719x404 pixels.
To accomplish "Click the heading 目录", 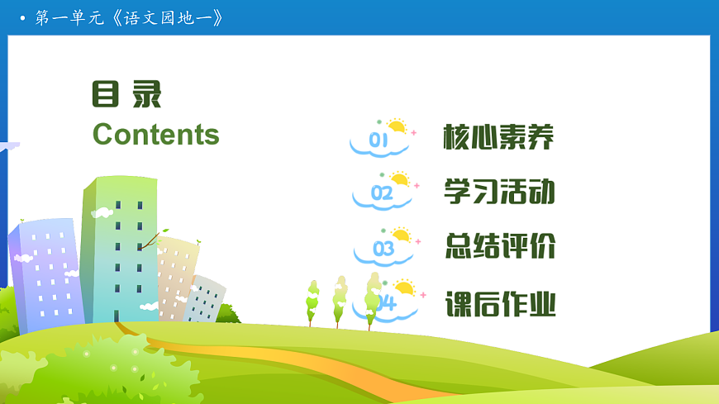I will [126, 94].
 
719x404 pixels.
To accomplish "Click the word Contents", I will [156, 134].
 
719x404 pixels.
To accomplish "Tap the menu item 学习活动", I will [498, 192].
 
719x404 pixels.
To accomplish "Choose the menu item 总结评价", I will [499, 246].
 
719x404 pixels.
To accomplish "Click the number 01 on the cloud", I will [379, 141].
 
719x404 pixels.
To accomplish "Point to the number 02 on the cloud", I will [382, 194].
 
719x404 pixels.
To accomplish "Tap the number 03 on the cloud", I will [383, 249].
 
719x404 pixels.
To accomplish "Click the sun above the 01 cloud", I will [398, 126].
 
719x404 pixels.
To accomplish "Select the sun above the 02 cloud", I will [401, 178].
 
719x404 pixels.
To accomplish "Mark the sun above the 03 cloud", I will [402, 235].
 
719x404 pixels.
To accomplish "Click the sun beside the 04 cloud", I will [404, 288].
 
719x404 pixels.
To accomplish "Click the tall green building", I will [120, 248].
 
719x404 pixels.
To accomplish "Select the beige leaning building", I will [175, 273].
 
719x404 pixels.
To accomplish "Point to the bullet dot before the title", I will [22, 18].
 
